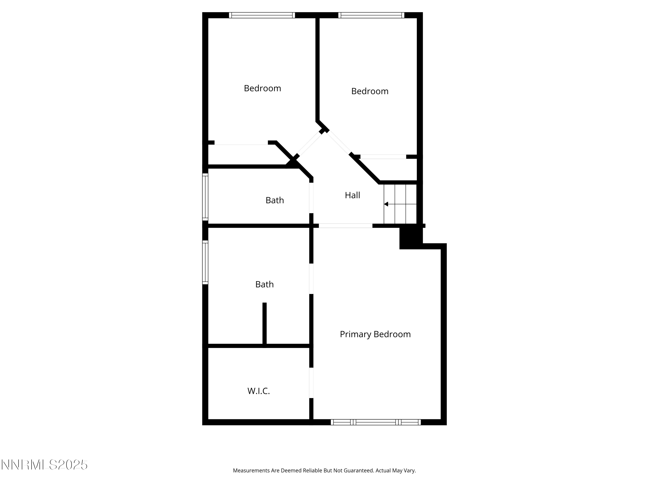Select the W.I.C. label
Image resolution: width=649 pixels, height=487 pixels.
(x=259, y=391)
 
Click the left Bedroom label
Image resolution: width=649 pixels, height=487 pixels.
(x=262, y=88)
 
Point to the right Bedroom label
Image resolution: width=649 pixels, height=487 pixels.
(x=370, y=91)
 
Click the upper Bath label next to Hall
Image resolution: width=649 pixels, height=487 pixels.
(x=275, y=200)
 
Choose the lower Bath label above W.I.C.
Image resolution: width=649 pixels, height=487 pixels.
(x=264, y=284)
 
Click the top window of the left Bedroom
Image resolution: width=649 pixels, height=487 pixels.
(x=262, y=15)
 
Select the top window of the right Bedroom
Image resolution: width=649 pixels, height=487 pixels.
(x=371, y=15)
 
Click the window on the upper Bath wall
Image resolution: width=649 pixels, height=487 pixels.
(x=205, y=197)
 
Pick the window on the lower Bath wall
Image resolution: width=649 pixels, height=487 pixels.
(x=205, y=262)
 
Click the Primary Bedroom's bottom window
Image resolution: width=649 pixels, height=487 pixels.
(x=376, y=422)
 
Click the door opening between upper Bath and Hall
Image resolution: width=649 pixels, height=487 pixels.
(x=311, y=198)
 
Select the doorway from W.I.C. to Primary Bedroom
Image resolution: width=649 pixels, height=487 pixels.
(x=311, y=383)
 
